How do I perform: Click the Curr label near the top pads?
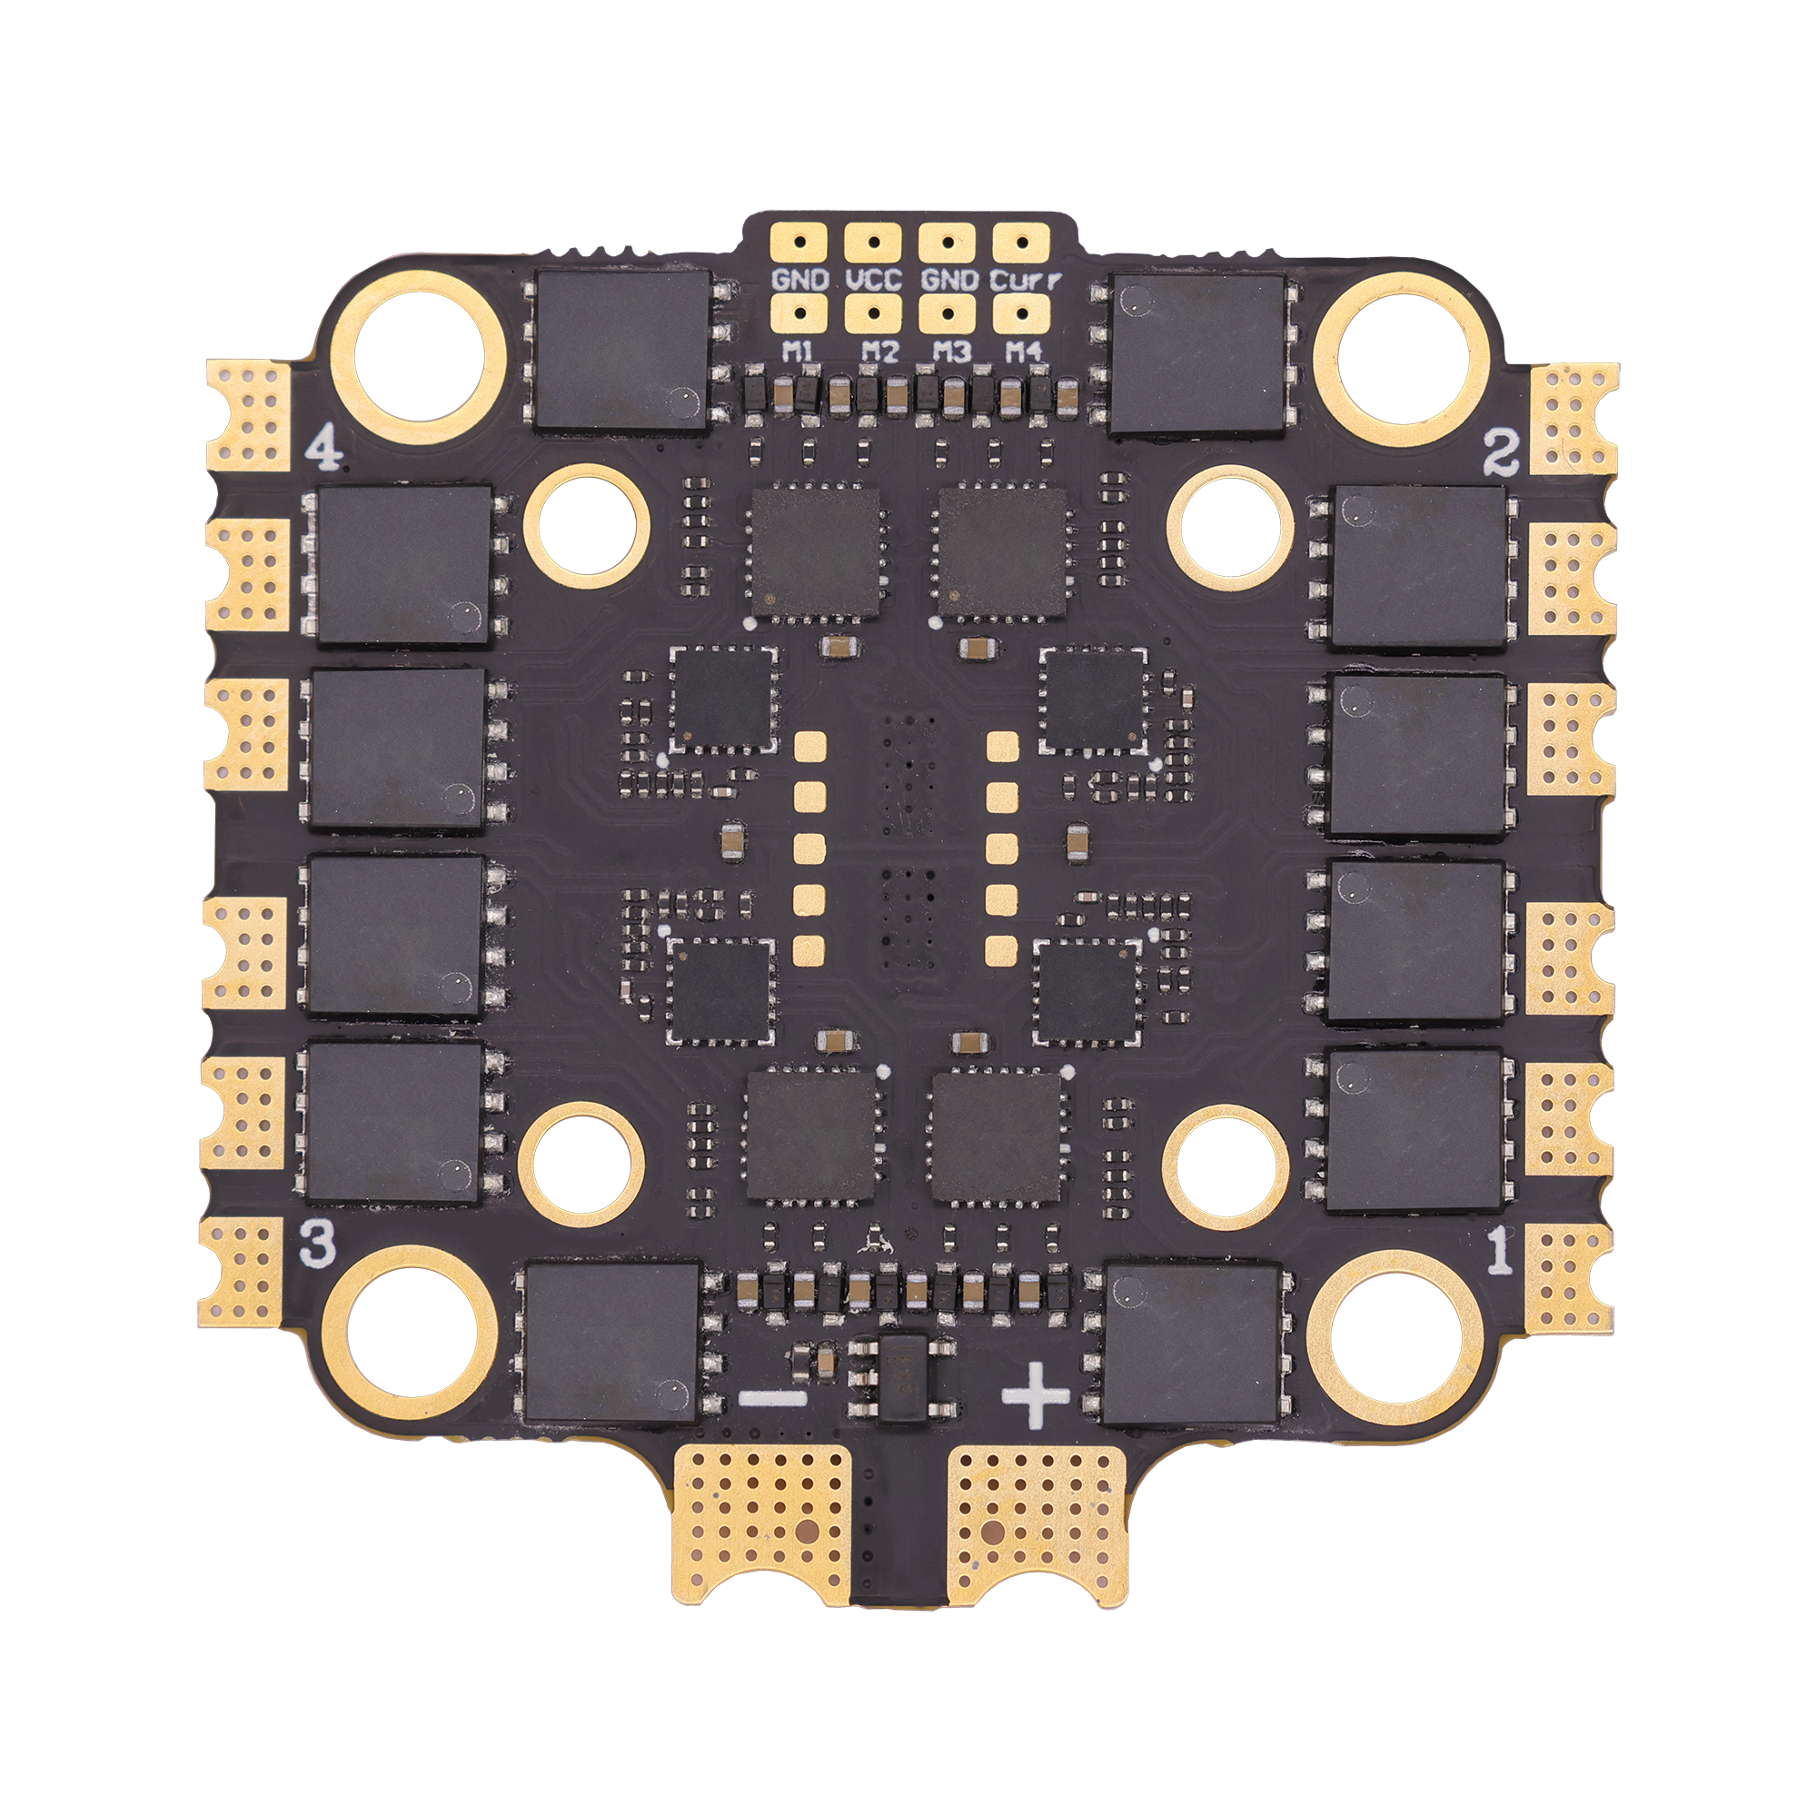coord(1026,279)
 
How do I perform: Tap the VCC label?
coord(874,279)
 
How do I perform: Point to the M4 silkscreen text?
coord(1024,352)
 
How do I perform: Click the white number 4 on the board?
coord(324,453)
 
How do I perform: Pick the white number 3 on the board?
coord(317,1248)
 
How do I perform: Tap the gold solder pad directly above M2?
coord(874,315)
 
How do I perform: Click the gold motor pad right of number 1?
coord(1570,1277)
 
